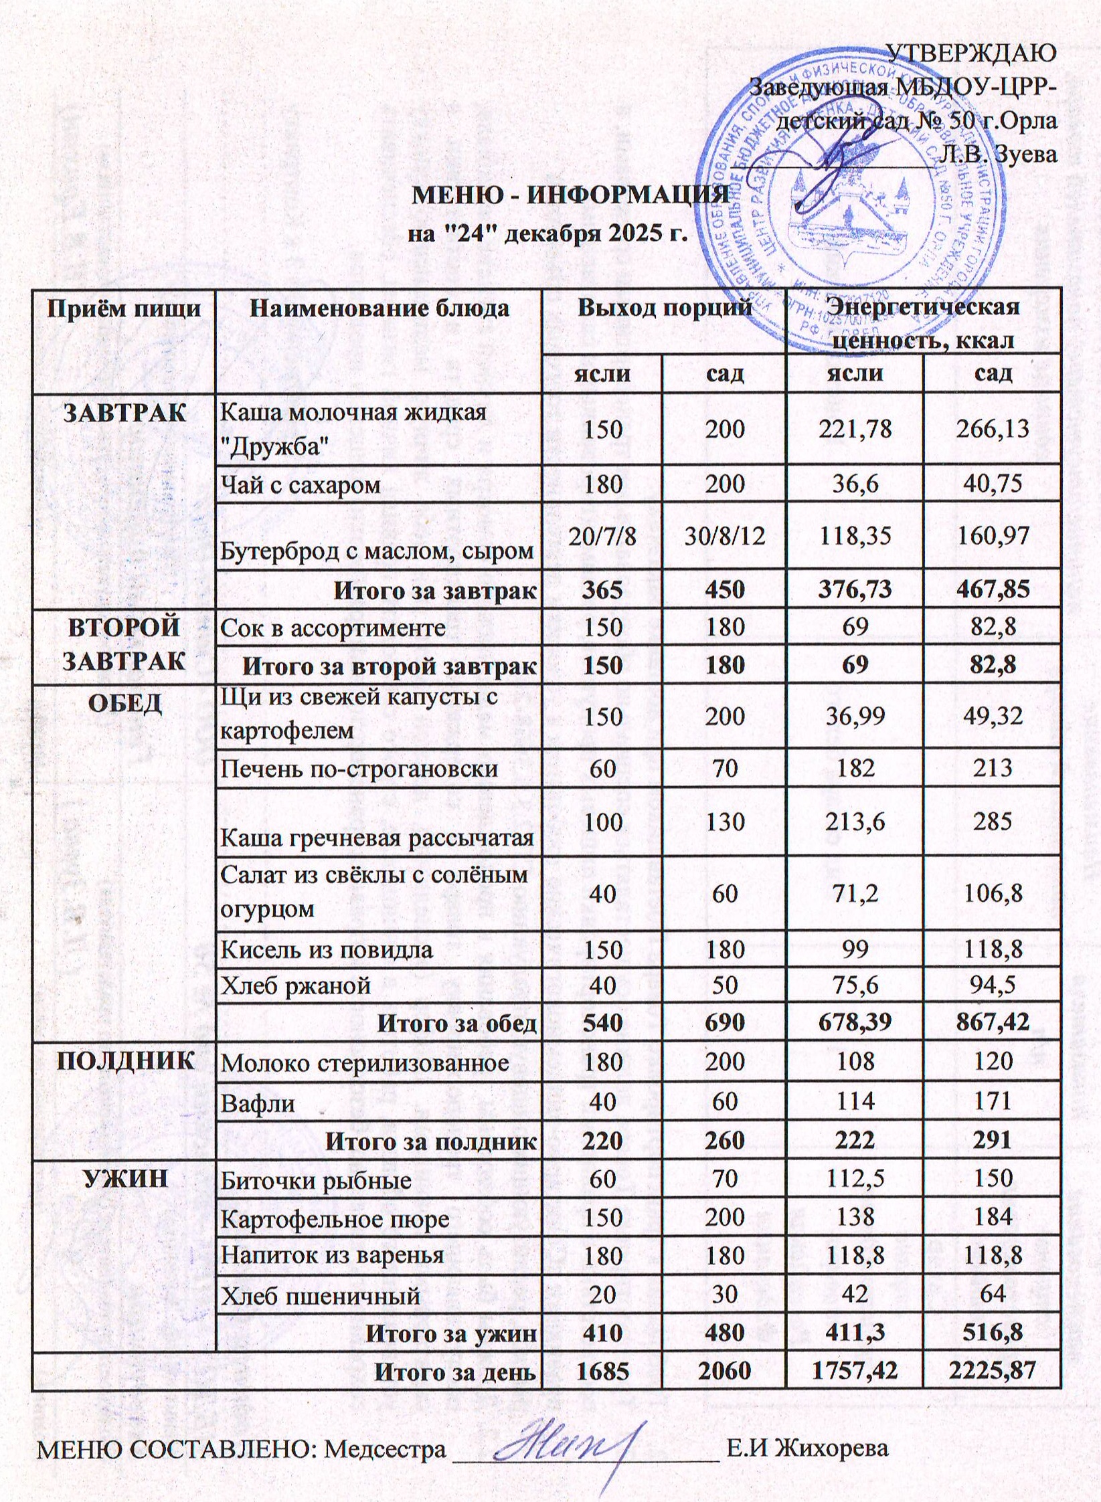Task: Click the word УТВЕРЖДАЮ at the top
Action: click(x=971, y=53)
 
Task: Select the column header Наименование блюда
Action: click(x=379, y=308)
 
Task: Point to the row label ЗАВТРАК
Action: click(x=124, y=413)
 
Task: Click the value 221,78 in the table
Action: click(x=855, y=429)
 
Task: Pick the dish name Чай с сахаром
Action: click(x=301, y=484)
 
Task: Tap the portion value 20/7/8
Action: click(x=602, y=536)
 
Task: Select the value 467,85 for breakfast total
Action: click(x=992, y=589)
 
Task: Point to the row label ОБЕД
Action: click(x=124, y=703)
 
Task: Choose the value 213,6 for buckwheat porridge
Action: click(x=855, y=822)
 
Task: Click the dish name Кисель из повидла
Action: click(x=327, y=949)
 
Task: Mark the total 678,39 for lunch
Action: click(x=855, y=1022)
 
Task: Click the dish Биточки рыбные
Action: click(x=316, y=1181)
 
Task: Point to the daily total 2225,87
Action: click(x=992, y=1372)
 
